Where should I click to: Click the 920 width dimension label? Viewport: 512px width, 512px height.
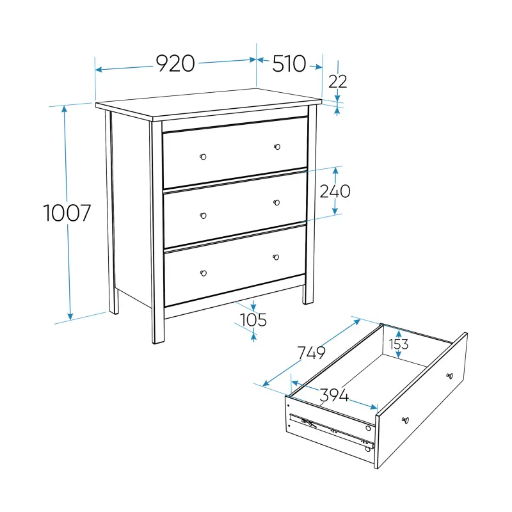click(175, 63)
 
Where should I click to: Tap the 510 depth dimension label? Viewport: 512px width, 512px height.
click(289, 63)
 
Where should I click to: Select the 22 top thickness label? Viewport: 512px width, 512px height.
click(338, 81)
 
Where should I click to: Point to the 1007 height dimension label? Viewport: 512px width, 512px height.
click(67, 213)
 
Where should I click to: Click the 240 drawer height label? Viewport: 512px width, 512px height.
click(335, 191)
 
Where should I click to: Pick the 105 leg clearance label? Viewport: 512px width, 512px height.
click(253, 319)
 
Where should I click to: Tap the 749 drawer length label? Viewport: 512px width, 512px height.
click(311, 353)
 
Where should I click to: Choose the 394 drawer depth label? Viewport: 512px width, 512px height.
click(334, 395)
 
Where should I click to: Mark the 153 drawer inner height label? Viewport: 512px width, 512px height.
click(398, 344)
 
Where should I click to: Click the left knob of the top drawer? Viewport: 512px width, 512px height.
click(203, 157)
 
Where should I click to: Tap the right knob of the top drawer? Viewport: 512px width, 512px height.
click(277, 147)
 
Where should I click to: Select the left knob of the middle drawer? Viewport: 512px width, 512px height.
click(203, 216)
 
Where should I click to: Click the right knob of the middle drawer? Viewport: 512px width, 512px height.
click(276, 203)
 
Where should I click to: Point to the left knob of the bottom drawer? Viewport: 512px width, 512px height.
click(203, 273)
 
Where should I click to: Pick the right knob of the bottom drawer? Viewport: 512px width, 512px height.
click(276, 257)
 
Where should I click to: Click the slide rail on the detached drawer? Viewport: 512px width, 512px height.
click(332, 430)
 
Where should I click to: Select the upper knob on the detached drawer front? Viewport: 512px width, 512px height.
click(450, 376)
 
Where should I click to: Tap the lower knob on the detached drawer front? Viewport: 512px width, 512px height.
click(405, 420)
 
